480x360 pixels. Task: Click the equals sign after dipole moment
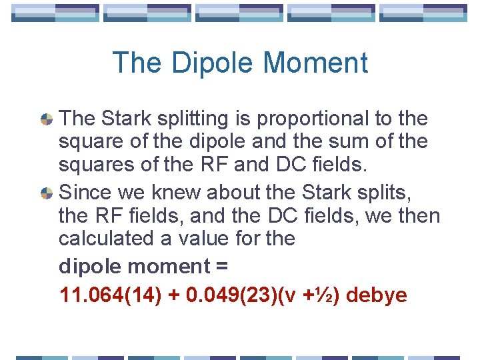tap(222, 267)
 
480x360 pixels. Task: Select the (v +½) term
tap(315, 295)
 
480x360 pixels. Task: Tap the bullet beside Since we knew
tap(47, 193)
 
